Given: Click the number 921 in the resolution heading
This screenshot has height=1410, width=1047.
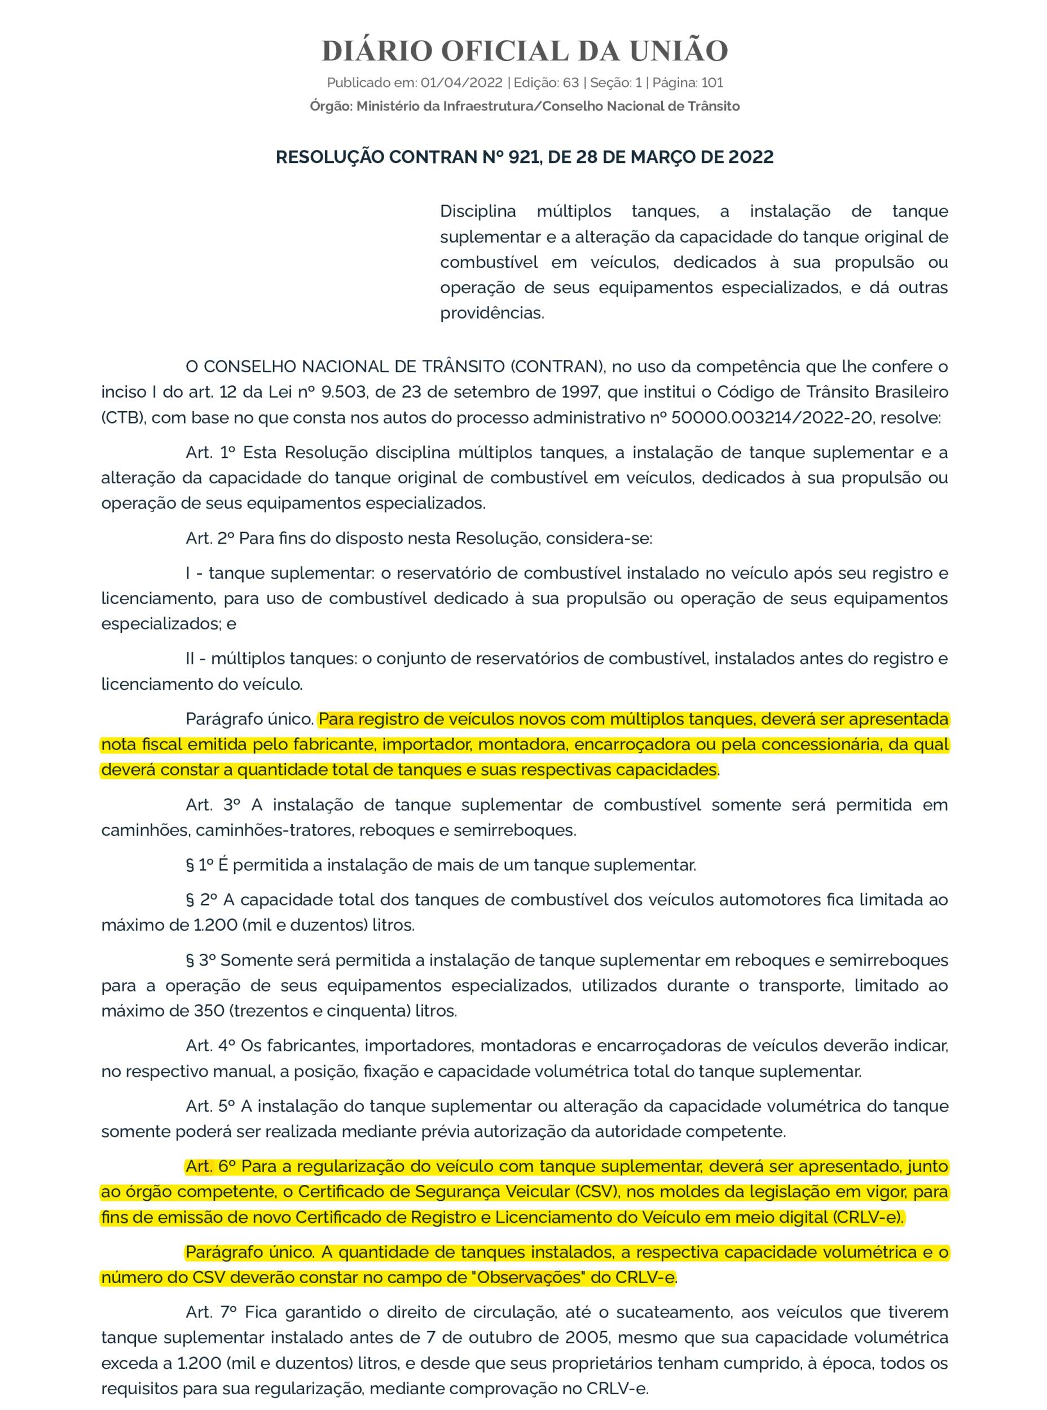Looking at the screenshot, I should click(522, 157).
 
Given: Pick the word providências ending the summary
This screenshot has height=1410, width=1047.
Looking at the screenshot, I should click(491, 312).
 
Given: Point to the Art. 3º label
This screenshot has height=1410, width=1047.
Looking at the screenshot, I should click(213, 804).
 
